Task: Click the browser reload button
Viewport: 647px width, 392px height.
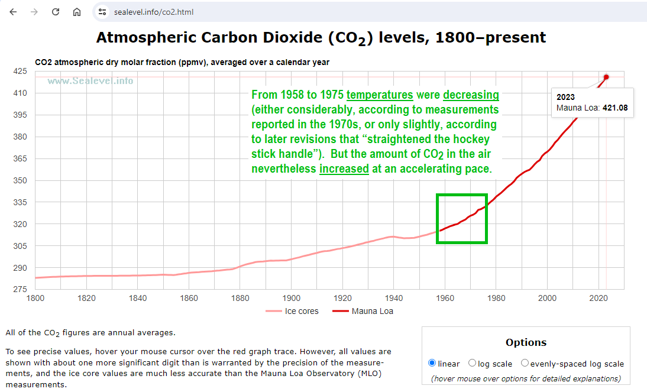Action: coord(56,12)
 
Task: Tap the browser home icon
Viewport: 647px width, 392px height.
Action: coord(77,12)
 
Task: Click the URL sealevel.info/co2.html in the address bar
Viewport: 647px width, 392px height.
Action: coord(154,12)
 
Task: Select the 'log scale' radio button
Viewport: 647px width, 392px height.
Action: coord(472,364)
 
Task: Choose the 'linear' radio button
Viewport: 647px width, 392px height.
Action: coord(432,364)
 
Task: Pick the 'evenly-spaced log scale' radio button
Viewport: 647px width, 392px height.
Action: coord(525,364)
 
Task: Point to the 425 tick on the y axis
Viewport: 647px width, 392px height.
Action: coord(20,71)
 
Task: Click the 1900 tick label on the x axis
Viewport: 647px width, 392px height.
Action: coord(291,298)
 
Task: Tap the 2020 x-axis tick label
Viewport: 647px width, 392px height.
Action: coord(599,298)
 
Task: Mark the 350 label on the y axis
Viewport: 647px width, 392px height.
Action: coord(20,180)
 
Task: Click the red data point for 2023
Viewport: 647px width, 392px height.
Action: coord(606,77)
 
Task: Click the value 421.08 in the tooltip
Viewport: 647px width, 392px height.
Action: coord(614,108)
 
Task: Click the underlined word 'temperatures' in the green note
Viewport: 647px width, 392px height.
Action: coord(380,95)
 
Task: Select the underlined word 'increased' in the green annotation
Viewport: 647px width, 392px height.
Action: coord(344,169)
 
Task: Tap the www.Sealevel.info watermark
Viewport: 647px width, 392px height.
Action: coord(90,81)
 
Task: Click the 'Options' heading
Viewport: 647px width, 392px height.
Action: coord(526,342)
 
